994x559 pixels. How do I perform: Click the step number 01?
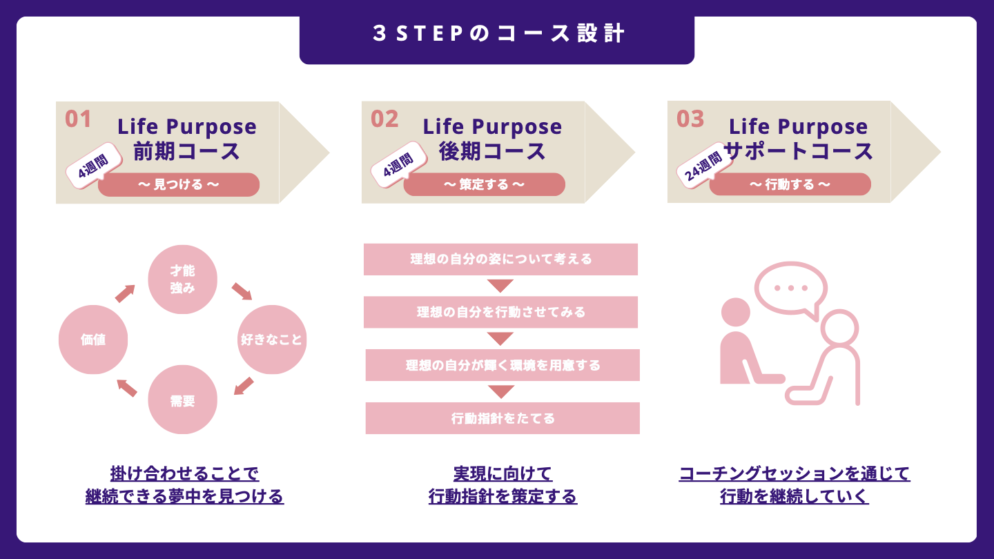78,119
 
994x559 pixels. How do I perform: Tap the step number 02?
384,119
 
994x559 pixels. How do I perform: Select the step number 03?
690,119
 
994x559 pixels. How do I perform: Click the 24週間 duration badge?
704,166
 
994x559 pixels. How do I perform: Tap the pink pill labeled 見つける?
179,184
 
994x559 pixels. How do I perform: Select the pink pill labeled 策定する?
484,184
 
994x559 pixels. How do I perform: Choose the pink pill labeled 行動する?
790,184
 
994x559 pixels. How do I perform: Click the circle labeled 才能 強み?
182,279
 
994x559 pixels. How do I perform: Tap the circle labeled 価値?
93,340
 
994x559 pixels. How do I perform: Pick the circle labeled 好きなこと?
271,340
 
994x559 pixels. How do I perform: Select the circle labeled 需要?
182,400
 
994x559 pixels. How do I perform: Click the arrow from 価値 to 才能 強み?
125,293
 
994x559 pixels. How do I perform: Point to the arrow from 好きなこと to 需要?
244,386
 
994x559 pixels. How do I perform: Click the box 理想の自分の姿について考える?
500,259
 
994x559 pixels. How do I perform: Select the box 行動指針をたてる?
503,418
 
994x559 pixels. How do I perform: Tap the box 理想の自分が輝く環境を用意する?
503,365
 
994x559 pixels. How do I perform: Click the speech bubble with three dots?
791,289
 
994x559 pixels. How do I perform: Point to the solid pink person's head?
735,313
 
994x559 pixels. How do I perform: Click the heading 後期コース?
492,151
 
